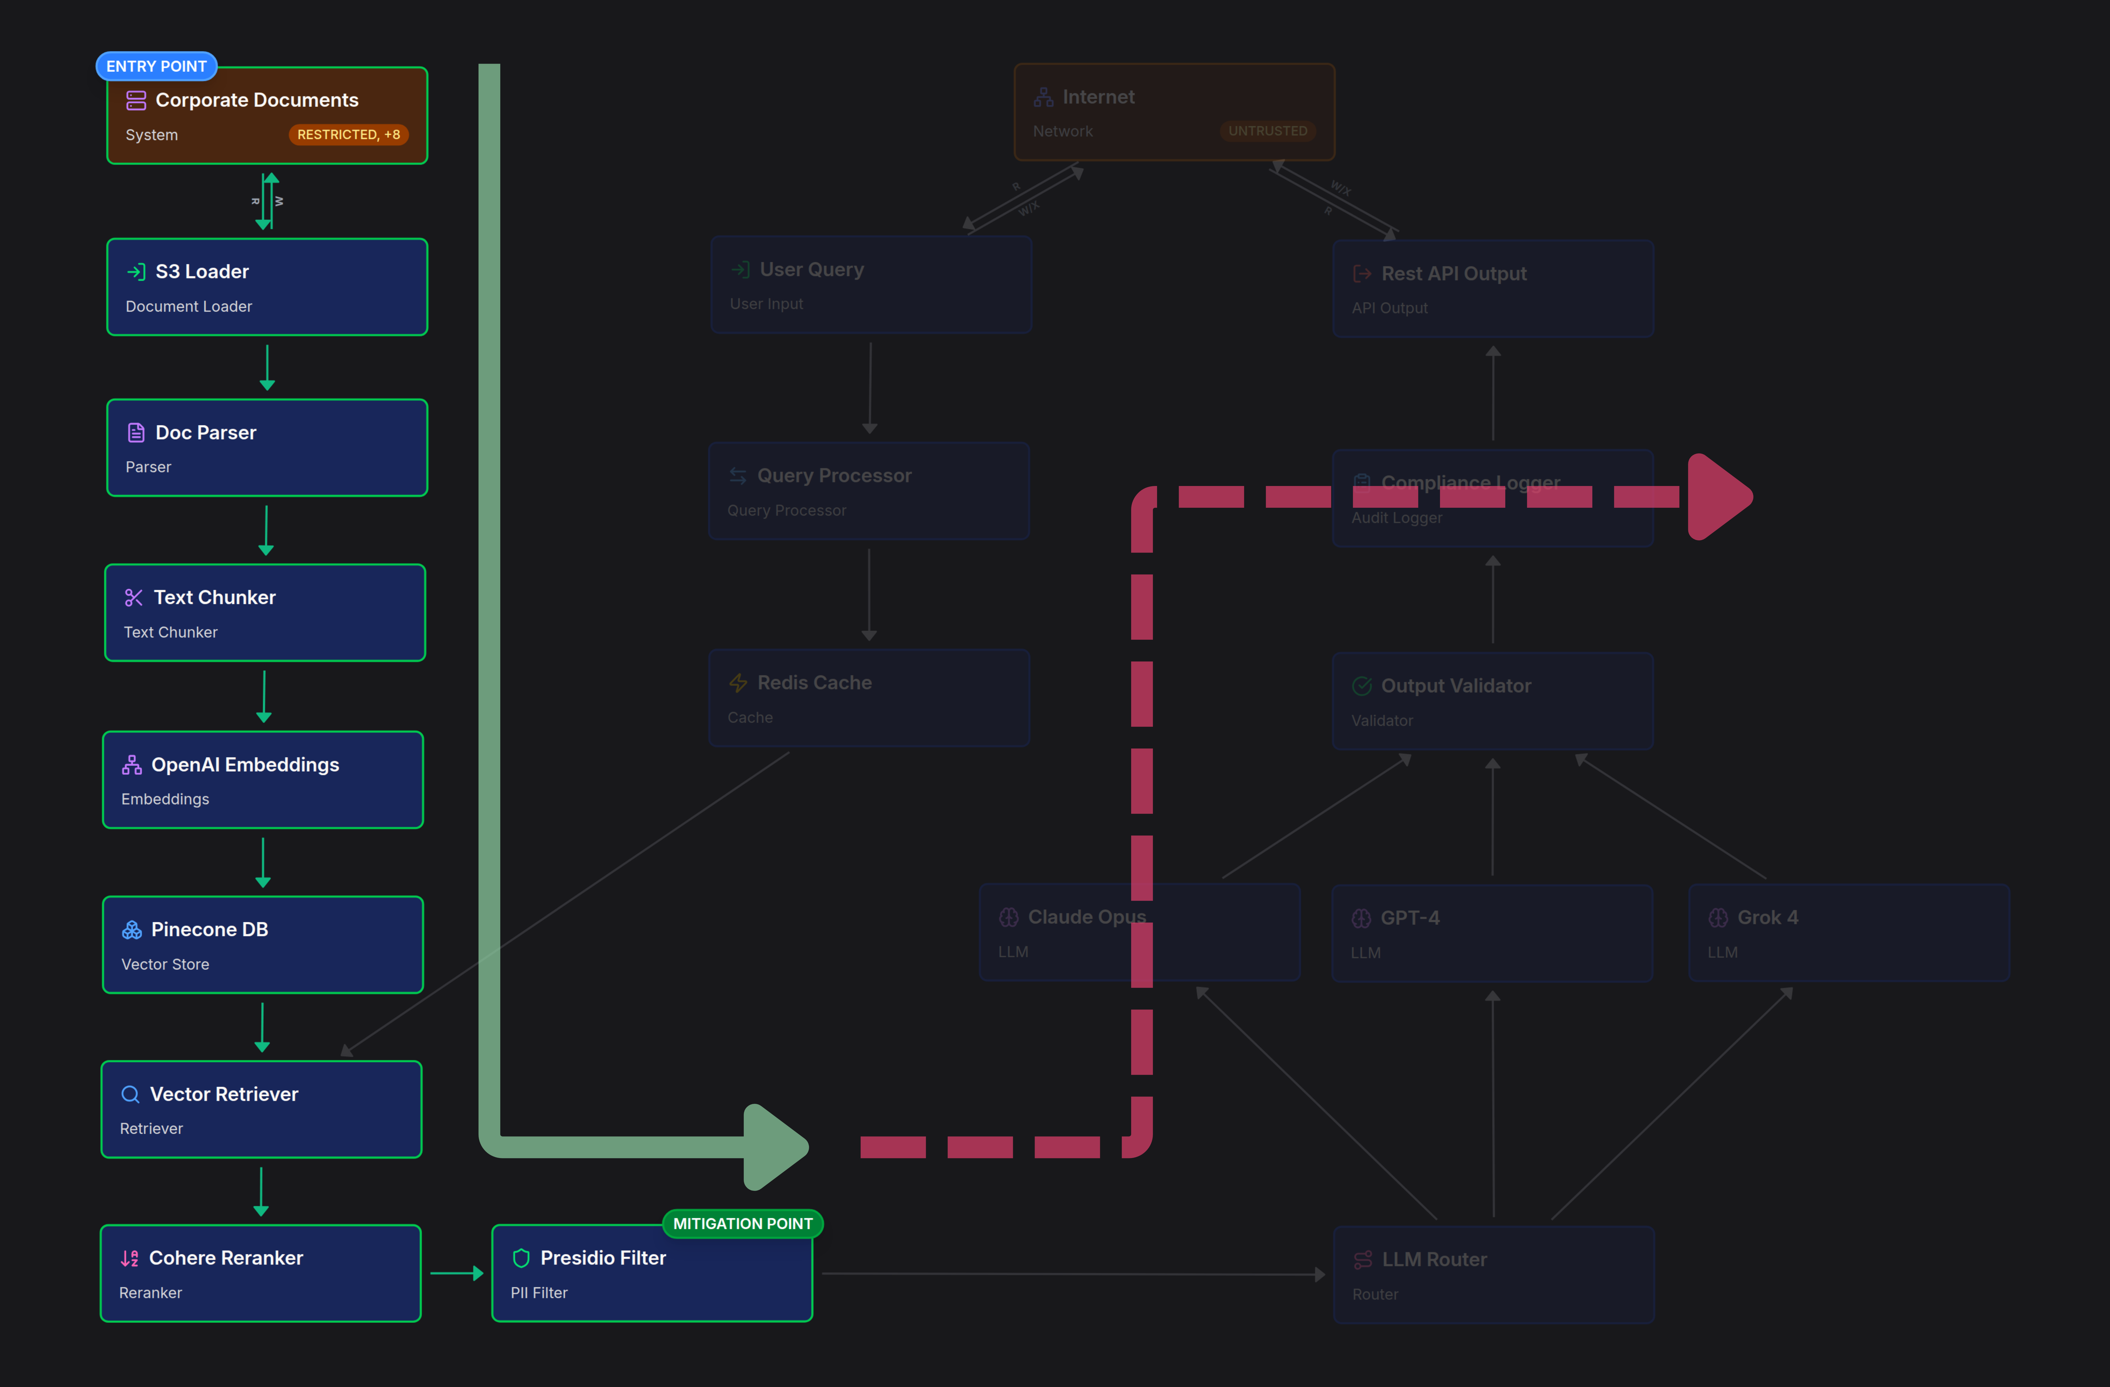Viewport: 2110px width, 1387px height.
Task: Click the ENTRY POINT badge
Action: point(156,66)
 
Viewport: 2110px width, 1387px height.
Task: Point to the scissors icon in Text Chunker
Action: point(134,598)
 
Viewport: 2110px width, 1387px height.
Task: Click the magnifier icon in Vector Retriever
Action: point(130,1095)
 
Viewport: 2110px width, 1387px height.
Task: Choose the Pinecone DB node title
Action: point(209,930)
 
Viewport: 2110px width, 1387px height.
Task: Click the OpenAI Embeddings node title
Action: point(245,765)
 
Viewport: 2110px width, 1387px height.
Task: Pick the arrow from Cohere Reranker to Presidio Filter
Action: point(456,1274)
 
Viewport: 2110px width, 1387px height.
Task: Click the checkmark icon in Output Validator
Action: point(1362,686)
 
